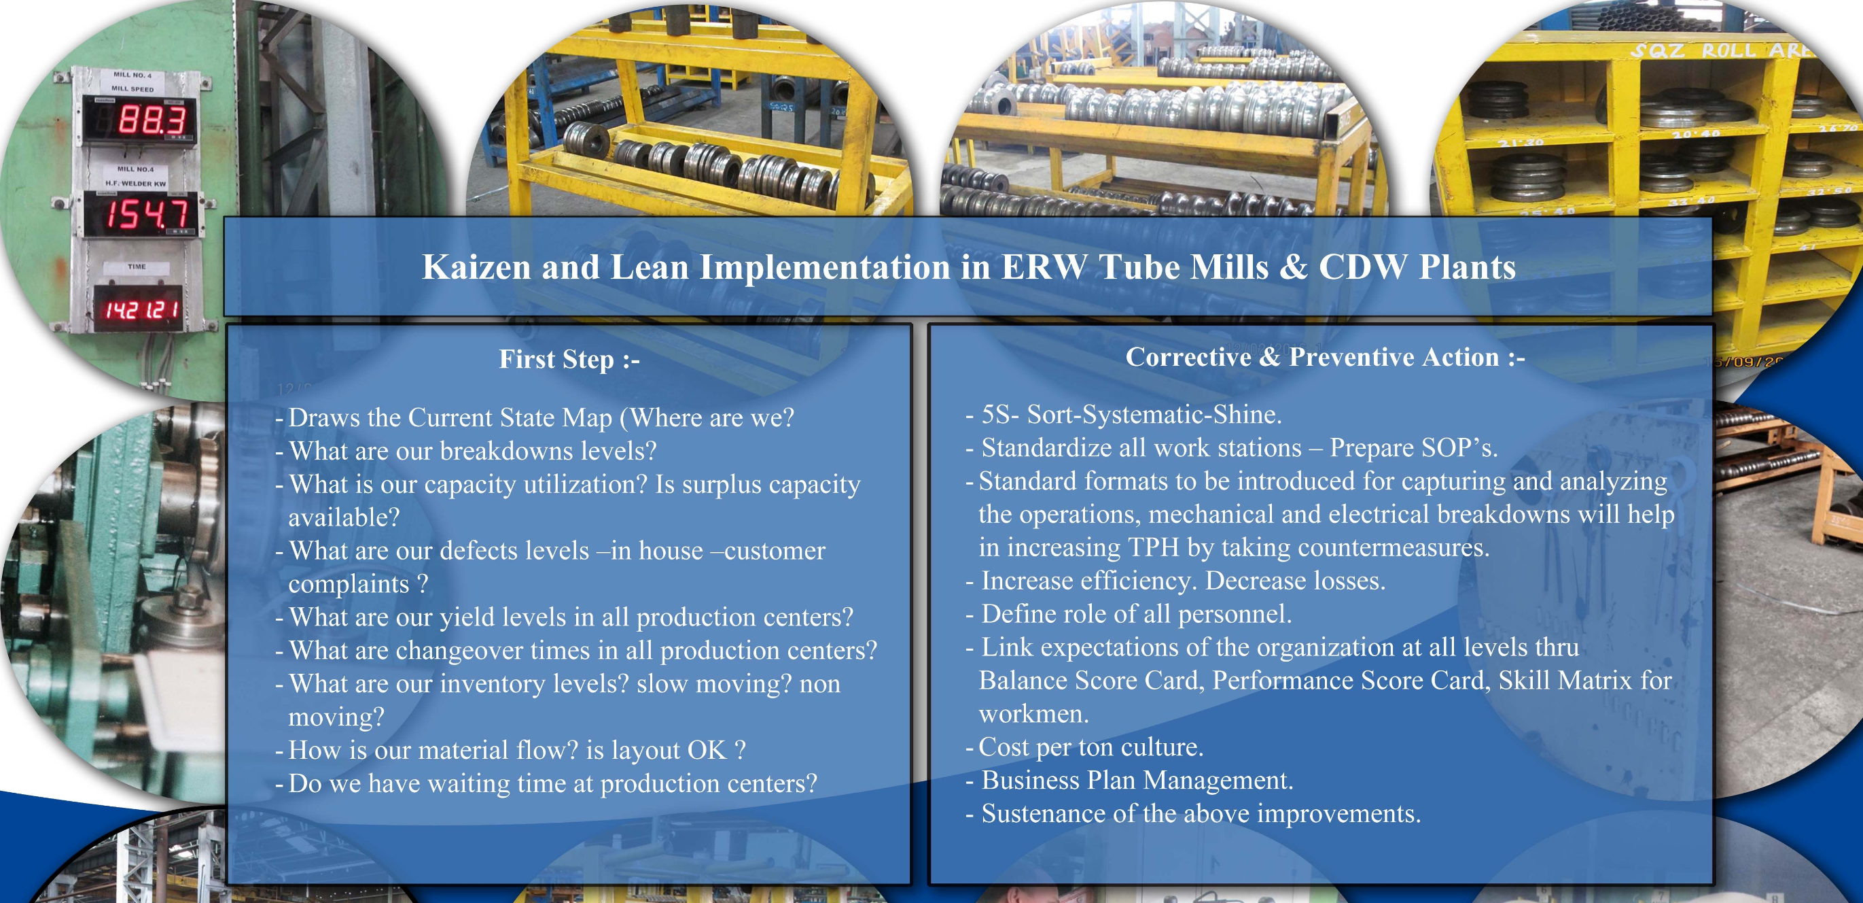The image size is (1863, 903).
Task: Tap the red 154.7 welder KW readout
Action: point(147,214)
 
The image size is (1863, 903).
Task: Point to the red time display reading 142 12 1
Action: point(142,309)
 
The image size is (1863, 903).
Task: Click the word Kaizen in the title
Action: point(476,267)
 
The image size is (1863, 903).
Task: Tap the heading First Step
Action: point(569,359)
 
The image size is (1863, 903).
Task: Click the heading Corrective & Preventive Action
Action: point(1325,357)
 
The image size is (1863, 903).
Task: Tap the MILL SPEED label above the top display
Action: point(132,89)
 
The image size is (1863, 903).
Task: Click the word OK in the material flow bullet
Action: point(707,750)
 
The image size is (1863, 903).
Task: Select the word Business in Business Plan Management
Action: point(1031,781)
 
